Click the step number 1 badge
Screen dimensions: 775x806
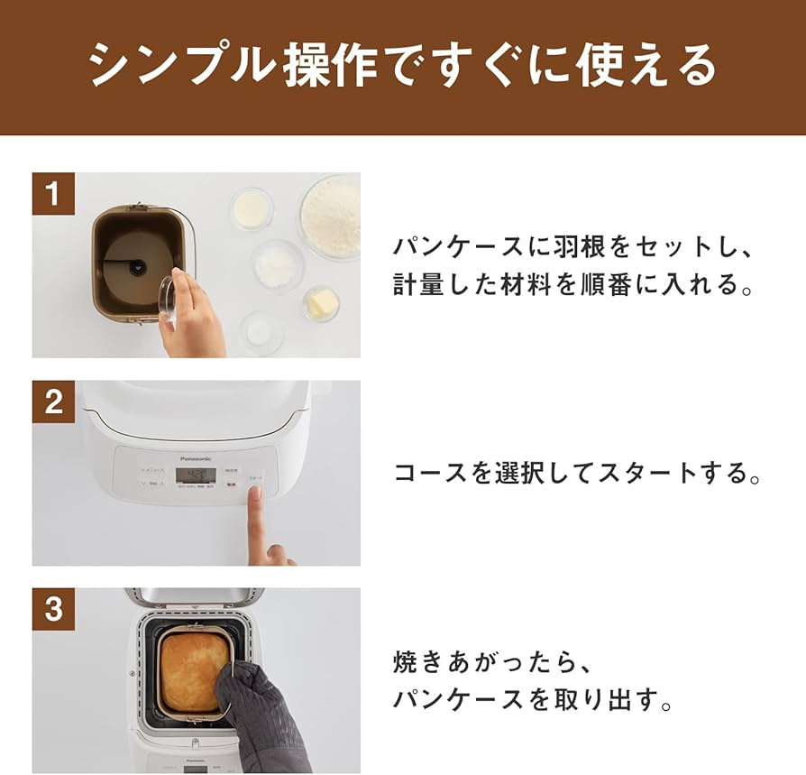(x=53, y=193)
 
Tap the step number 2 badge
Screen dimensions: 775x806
(x=53, y=401)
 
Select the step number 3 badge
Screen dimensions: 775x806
(x=53, y=609)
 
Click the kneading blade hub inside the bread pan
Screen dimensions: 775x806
(x=137, y=266)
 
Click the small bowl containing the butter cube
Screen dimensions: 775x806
(x=320, y=303)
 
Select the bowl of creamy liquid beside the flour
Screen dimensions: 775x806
(x=252, y=208)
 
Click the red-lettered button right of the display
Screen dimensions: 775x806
(x=232, y=484)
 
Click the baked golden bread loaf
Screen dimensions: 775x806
(x=191, y=669)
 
